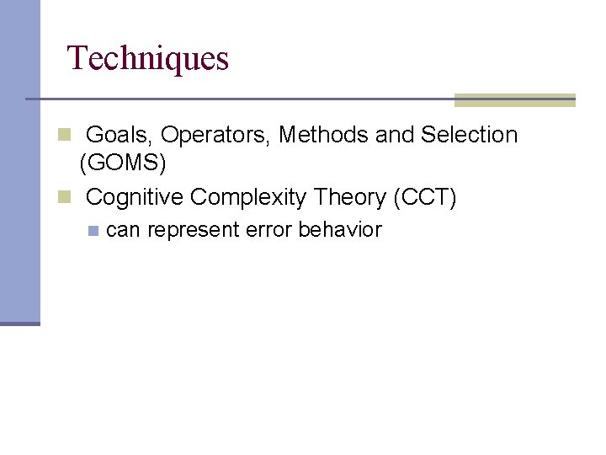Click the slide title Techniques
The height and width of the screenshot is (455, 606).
[x=148, y=58]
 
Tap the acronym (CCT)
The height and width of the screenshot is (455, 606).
[x=425, y=197]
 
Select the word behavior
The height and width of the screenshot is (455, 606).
[x=341, y=230]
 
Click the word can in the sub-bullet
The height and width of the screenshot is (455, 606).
[x=124, y=230]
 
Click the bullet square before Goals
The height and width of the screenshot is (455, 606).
[x=65, y=134]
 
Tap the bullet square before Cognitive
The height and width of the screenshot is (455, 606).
[x=65, y=196]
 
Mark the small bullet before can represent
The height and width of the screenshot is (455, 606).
[x=93, y=230]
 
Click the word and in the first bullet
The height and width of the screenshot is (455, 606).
[x=393, y=135]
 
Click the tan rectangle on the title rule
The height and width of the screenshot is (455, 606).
[x=514, y=100]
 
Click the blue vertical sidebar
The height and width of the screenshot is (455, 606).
[x=19, y=160]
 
